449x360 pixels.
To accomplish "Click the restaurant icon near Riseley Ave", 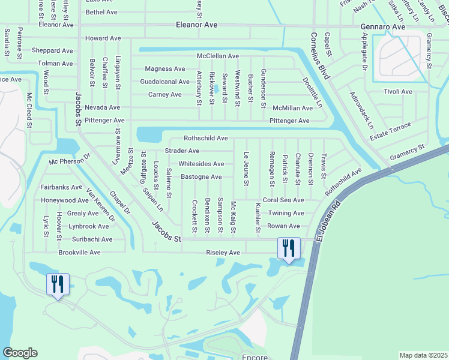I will pos(288,248).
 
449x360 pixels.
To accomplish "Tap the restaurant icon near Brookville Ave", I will pos(58,284).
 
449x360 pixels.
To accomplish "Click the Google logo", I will pos(19,353).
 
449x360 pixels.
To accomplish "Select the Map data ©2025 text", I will pos(423,355).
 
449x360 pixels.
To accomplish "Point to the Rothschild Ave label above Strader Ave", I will pos(206,138).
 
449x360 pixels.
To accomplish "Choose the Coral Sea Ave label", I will pos(283,200).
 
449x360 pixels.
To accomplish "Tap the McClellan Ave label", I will pos(223,56).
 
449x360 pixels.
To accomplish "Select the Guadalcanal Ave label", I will pos(165,82).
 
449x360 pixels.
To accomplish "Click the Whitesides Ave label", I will pos(201,164).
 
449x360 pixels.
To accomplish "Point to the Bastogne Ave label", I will pos(201,177).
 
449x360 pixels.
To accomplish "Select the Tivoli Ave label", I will pos(397,92).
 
